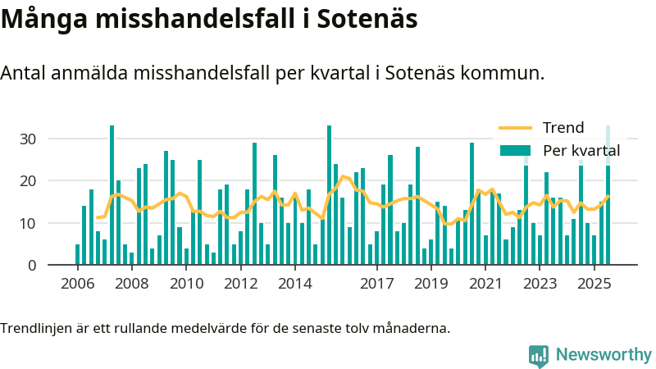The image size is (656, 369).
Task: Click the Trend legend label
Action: tap(563, 128)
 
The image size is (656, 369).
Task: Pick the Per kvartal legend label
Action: tap(581, 151)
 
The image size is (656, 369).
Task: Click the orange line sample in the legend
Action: tap(515, 128)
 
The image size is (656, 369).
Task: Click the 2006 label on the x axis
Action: tap(77, 285)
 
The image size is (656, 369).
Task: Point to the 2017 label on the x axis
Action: tap(376, 285)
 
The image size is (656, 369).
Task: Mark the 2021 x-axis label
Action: tap(485, 285)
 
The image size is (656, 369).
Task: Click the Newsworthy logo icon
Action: tap(539, 355)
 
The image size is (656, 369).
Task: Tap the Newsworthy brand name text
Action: tap(604, 355)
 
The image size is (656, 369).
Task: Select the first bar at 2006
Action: tap(78, 254)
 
